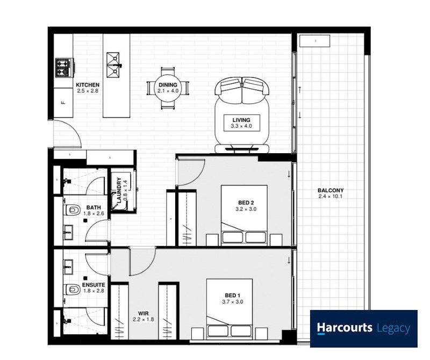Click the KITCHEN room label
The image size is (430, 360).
(87, 85)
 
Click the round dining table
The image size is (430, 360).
(168, 88)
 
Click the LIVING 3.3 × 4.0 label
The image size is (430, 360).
(241, 123)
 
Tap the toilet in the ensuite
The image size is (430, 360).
(72, 289)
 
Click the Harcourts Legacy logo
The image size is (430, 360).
(363, 328)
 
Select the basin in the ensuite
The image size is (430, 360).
(67, 265)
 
